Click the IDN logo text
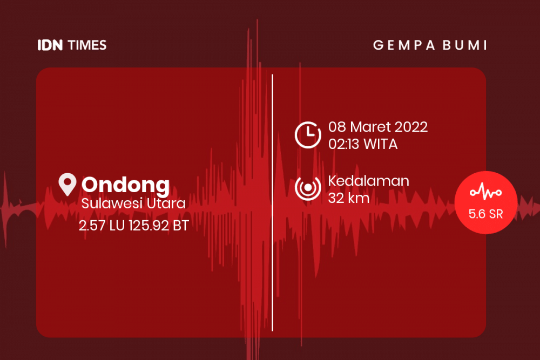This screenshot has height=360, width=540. click(x=50, y=45)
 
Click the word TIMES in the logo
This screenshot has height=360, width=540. click(x=87, y=45)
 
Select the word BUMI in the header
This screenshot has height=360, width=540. click(x=465, y=45)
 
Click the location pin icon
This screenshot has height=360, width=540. click(x=67, y=184)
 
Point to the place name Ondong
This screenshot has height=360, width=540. click(x=126, y=185)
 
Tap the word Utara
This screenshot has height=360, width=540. click(x=166, y=203)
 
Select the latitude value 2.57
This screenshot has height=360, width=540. click(x=92, y=226)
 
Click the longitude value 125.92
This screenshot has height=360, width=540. click(x=149, y=226)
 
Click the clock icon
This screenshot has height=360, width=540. click(x=308, y=134)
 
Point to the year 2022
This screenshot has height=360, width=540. click(x=411, y=127)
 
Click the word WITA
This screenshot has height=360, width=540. click(x=381, y=144)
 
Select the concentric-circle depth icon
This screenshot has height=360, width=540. click(x=308, y=188)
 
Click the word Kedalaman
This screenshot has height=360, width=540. click(x=368, y=181)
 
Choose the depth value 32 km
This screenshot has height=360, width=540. click(x=348, y=198)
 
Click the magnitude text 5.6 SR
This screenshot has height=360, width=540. click(x=485, y=214)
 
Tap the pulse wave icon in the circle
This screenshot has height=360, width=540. click(x=485, y=192)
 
